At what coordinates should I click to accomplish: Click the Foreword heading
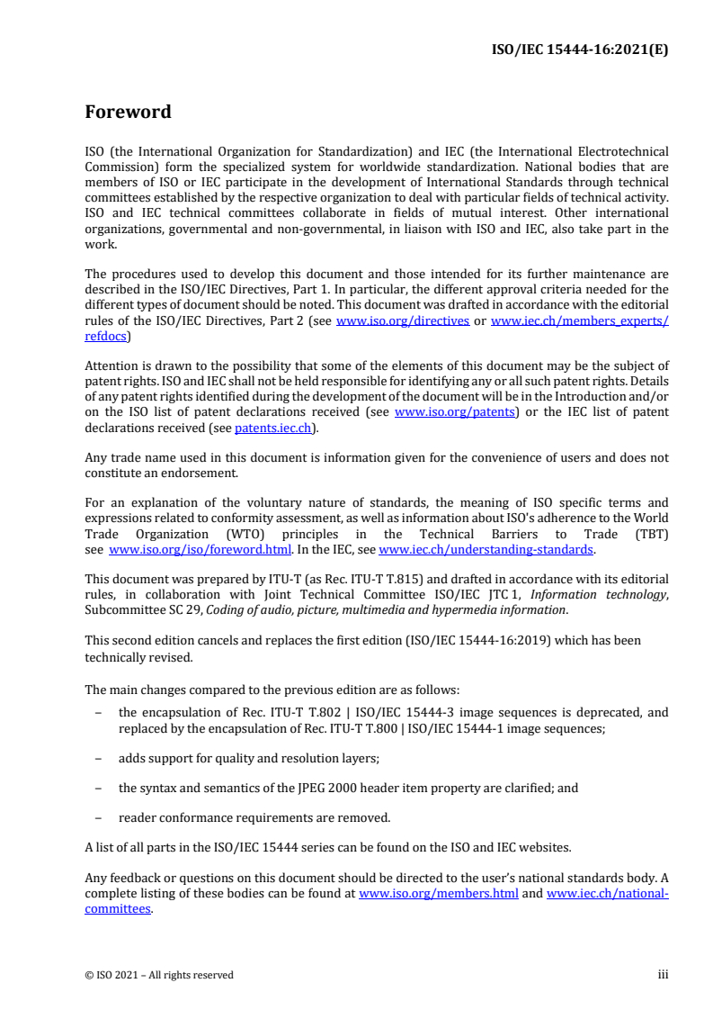pyautogui.click(x=128, y=113)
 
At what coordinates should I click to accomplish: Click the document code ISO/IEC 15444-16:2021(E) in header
pyautogui.click(x=581, y=50)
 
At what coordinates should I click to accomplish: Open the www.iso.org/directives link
pyautogui.click(x=402, y=321)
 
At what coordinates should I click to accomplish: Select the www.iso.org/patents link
pyautogui.click(x=455, y=412)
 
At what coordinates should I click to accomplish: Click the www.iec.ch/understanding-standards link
pyautogui.click(x=486, y=549)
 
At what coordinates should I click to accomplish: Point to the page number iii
pyautogui.click(x=663, y=975)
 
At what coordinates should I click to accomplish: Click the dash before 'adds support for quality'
pyautogui.click(x=97, y=758)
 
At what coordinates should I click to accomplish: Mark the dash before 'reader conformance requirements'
pyautogui.click(x=97, y=818)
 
